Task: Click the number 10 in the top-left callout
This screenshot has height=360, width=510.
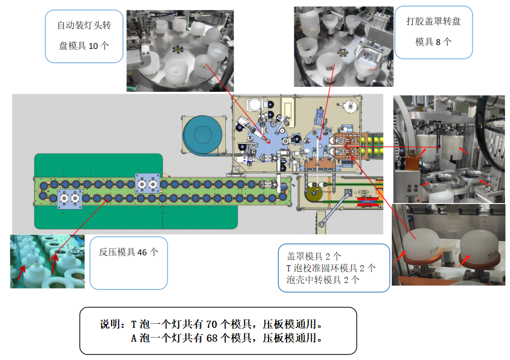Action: pos(94,46)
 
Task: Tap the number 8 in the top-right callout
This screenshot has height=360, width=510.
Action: pos(438,42)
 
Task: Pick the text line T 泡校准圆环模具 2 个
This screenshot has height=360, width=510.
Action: pos(331,268)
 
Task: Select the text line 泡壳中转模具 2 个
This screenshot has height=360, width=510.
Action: pos(323,279)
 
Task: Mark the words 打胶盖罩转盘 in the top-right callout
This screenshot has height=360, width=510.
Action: pos(433,22)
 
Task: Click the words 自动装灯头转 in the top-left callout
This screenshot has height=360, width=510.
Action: pos(84,25)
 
